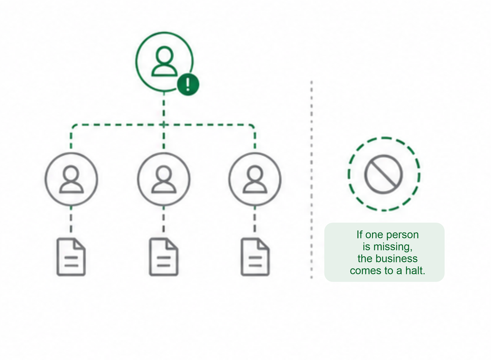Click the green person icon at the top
pyautogui.click(x=164, y=61)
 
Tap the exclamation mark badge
pyautogui.click(x=188, y=84)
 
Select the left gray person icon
pyautogui.click(x=72, y=179)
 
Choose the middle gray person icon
pyautogui.click(x=164, y=179)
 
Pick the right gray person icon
pyautogui.click(x=255, y=179)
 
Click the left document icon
pyautogui.click(x=71, y=257)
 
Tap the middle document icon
pyautogui.click(x=164, y=257)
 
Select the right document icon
pyautogui.click(x=255, y=257)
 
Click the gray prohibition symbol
pyautogui.click(x=384, y=174)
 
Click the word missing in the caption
pyautogui.click(x=393, y=247)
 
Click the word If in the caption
pyautogui.click(x=360, y=235)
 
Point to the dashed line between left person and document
pyautogui.click(x=71, y=220)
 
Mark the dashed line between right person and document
pyautogui.click(x=255, y=220)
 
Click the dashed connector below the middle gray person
pyautogui.click(x=164, y=220)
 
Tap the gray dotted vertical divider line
pyautogui.click(x=311, y=179)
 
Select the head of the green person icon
pyautogui.click(x=164, y=56)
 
